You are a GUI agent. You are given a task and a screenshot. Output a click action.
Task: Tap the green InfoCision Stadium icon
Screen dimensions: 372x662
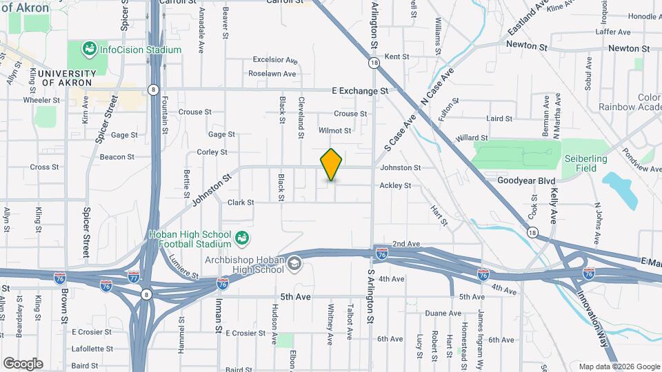click(88, 49)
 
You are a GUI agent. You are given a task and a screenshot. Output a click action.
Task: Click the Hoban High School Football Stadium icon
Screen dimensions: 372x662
click(242, 238)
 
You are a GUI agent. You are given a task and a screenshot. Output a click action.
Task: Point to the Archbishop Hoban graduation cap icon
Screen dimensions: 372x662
click(294, 264)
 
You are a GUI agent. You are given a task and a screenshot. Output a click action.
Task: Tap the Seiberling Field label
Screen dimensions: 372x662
click(585, 163)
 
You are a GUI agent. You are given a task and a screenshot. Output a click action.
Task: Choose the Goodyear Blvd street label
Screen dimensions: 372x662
click(526, 180)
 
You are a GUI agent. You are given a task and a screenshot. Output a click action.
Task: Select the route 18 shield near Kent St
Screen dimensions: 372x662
click(374, 63)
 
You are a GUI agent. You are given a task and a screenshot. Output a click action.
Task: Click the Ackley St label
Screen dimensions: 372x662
click(395, 185)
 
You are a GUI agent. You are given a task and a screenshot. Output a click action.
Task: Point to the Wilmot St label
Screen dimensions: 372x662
click(335, 130)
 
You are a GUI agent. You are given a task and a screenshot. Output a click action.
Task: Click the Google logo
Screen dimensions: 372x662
click(23, 363)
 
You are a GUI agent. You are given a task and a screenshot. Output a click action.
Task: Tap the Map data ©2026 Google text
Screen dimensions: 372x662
click(619, 366)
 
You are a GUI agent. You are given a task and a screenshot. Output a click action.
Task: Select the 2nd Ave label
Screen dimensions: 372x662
click(406, 244)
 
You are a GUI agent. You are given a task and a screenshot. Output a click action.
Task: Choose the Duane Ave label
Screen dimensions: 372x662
click(439, 313)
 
